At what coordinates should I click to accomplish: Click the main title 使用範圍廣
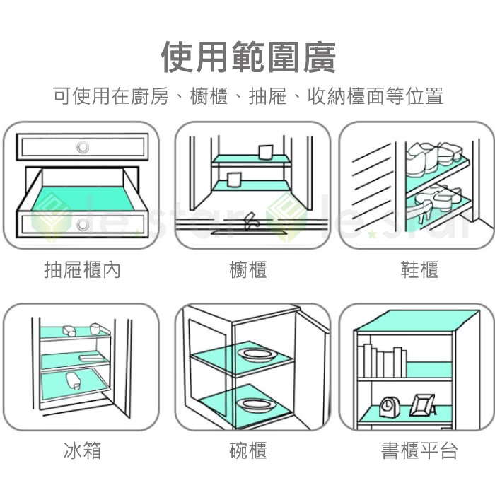(248, 57)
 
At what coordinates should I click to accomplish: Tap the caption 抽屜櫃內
(82, 269)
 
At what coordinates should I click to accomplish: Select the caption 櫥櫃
(248, 269)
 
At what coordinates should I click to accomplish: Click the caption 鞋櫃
(419, 269)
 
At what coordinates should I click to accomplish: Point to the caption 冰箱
(82, 450)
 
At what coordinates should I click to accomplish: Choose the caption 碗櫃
(248, 450)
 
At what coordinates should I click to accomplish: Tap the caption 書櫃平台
(419, 450)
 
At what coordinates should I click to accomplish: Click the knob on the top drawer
(83, 147)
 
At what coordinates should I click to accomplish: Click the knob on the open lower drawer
(83, 225)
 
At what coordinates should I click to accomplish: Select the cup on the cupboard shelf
(265, 153)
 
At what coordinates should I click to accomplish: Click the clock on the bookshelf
(389, 406)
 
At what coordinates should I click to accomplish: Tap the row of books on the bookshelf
(382, 361)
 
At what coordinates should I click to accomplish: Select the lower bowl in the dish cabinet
(252, 404)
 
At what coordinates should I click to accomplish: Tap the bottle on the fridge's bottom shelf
(73, 382)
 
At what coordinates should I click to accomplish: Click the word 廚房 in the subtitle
(148, 96)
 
